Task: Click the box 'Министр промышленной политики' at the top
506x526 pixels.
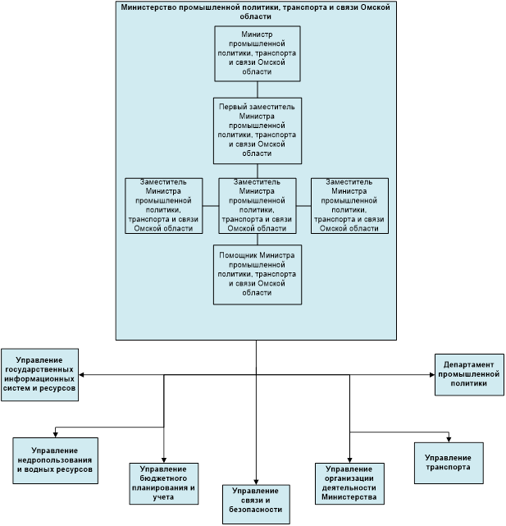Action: (258, 53)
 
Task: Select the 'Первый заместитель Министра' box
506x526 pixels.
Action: (258, 130)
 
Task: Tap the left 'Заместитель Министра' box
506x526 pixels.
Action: (164, 205)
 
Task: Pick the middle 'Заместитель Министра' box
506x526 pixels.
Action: (258, 205)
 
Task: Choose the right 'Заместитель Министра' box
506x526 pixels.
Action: (349, 205)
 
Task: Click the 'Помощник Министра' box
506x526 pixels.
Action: (258, 273)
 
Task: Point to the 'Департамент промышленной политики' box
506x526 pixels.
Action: (469, 373)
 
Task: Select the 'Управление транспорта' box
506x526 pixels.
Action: (448, 462)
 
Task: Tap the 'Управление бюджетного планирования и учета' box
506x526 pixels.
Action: (164, 483)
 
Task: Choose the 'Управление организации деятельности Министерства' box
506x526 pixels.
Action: (349, 483)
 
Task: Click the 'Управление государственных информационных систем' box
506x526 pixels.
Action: (40, 375)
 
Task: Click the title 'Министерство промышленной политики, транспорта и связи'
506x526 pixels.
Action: (256, 11)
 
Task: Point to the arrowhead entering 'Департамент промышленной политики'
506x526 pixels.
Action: (431, 374)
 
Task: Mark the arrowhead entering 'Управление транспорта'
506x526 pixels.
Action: (449, 437)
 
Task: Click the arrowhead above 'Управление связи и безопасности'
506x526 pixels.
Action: (257, 481)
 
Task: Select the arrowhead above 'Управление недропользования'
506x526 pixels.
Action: (56, 433)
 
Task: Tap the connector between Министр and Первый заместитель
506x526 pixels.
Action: (258, 89)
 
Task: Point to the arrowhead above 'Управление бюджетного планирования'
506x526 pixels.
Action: (164, 460)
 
